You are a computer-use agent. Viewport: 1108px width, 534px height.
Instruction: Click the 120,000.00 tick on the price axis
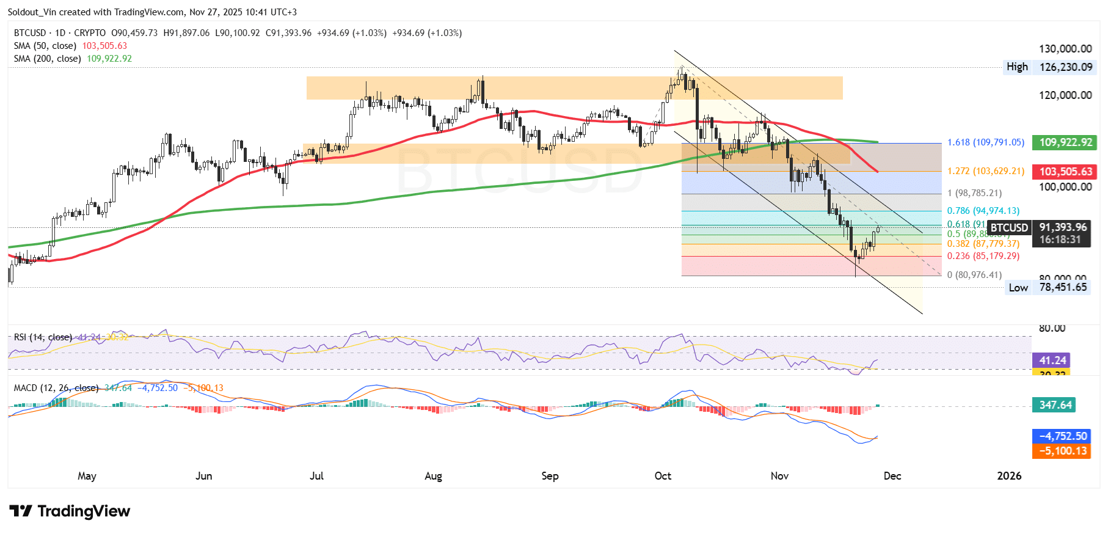point(1065,95)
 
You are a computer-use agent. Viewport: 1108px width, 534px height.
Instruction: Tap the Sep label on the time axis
point(550,476)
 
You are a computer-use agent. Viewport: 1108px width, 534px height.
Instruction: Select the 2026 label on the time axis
point(1009,476)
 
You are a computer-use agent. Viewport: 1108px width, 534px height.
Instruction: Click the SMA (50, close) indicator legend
point(45,46)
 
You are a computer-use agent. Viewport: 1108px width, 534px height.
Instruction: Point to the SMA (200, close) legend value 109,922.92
point(109,59)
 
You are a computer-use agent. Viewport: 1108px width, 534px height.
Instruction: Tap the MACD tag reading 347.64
point(1055,405)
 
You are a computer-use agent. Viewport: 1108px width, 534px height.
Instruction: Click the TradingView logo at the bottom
point(70,511)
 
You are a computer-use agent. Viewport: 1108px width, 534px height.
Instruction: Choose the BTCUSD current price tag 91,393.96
point(1063,227)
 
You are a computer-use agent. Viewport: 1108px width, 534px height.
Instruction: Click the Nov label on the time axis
point(779,476)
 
